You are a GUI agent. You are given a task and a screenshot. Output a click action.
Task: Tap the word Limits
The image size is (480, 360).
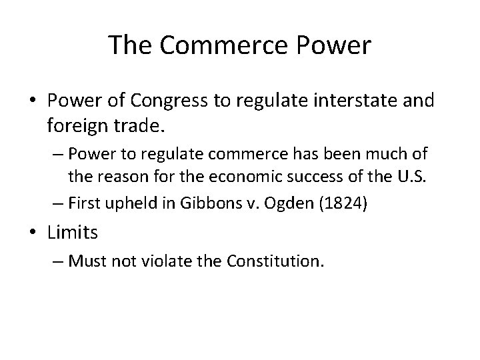(x=73, y=233)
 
